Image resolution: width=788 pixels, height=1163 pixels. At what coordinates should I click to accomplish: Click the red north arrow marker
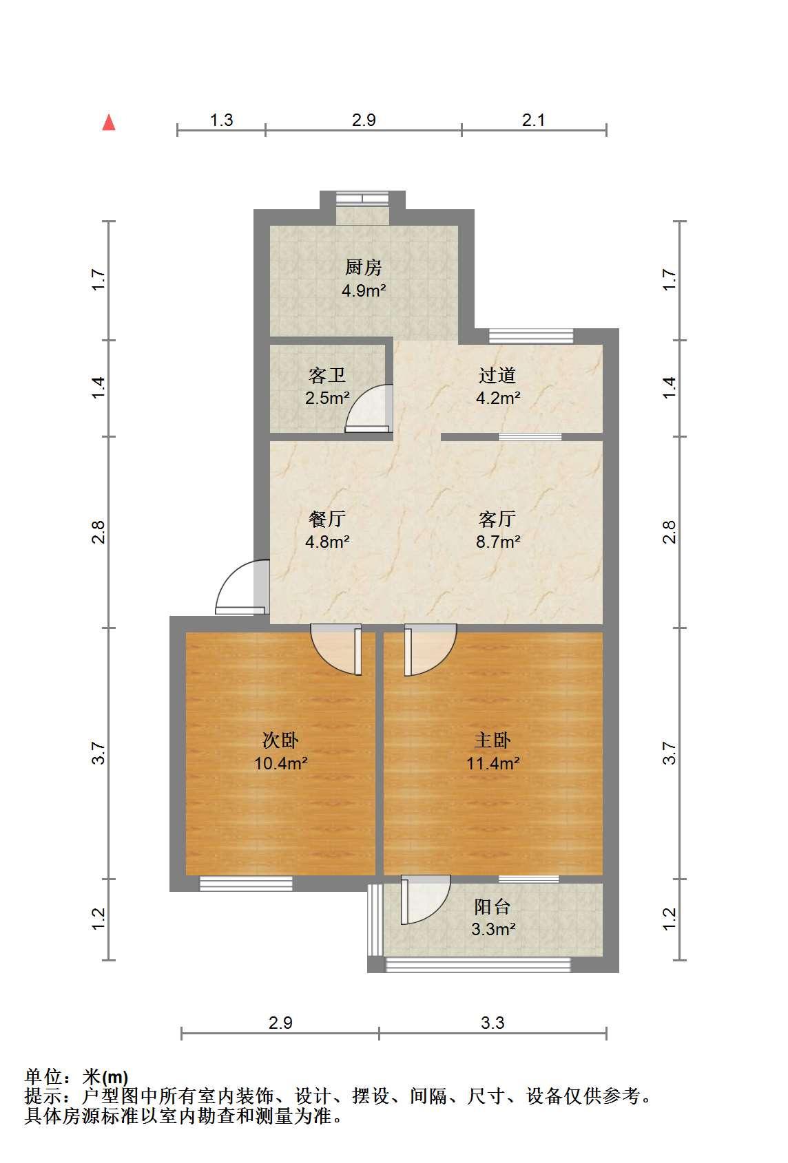click(x=109, y=122)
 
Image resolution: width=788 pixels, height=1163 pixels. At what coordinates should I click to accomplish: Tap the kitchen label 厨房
click(x=363, y=268)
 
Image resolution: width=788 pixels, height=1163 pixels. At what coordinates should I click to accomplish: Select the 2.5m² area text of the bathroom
click(x=327, y=398)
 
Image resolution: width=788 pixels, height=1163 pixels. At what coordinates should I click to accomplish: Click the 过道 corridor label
click(x=497, y=375)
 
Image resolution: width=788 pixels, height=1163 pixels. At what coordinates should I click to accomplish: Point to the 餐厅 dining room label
click(x=327, y=519)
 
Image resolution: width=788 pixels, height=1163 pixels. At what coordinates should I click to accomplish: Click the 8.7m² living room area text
click(x=498, y=542)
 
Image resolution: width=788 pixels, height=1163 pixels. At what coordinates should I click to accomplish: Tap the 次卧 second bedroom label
click(x=280, y=740)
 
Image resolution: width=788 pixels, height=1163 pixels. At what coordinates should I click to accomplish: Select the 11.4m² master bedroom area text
click(x=493, y=763)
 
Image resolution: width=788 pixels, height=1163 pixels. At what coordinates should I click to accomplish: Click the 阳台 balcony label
click(x=493, y=906)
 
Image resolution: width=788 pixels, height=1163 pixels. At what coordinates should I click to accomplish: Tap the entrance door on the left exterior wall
click(x=242, y=587)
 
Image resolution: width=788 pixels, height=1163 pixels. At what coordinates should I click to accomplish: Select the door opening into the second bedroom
click(x=335, y=649)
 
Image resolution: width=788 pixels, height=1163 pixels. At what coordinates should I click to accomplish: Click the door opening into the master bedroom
click(x=431, y=650)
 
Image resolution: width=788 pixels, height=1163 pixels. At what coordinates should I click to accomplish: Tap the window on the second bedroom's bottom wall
click(x=246, y=884)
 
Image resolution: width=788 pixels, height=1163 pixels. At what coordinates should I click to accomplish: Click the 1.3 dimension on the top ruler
click(x=221, y=120)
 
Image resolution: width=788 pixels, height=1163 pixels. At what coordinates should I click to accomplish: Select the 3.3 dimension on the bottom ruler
click(x=493, y=1023)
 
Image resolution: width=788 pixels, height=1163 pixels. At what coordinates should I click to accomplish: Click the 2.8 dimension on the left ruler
click(x=98, y=532)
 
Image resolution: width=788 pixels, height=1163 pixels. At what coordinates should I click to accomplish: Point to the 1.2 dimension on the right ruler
click(x=670, y=919)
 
